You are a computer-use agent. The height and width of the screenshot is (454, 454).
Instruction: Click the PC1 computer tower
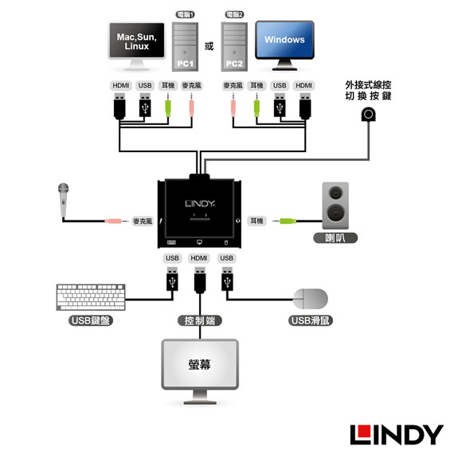tap(185, 47)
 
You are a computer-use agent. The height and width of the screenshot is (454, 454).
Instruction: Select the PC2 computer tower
tap(234, 47)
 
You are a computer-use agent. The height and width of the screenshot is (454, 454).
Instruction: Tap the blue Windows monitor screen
tap(284, 40)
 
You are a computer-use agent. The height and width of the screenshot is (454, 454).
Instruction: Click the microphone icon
tap(64, 200)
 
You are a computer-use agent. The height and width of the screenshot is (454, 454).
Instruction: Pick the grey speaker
tap(335, 205)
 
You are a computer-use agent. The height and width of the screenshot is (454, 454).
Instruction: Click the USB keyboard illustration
tap(91, 297)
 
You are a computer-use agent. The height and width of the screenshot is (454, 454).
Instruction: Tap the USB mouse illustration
tap(311, 299)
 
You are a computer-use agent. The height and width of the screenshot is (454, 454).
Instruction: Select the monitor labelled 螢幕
tap(200, 371)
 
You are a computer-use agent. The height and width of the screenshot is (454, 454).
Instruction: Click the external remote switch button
tap(368, 114)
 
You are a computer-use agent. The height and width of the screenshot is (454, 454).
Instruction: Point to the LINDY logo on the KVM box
tap(200, 204)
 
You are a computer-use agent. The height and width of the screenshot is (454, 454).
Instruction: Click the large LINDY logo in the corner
tap(397, 435)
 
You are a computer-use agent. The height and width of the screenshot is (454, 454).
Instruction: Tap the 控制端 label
tap(200, 321)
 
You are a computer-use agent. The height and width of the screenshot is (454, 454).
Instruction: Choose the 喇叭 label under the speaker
tap(335, 238)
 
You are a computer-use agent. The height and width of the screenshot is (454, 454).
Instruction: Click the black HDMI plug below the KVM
tap(200, 280)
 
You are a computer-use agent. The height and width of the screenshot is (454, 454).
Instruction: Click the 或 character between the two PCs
tap(209, 46)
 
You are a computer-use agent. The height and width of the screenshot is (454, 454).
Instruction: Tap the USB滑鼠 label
tap(311, 320)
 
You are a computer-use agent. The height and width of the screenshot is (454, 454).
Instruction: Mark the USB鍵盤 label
tap(91, 320)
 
